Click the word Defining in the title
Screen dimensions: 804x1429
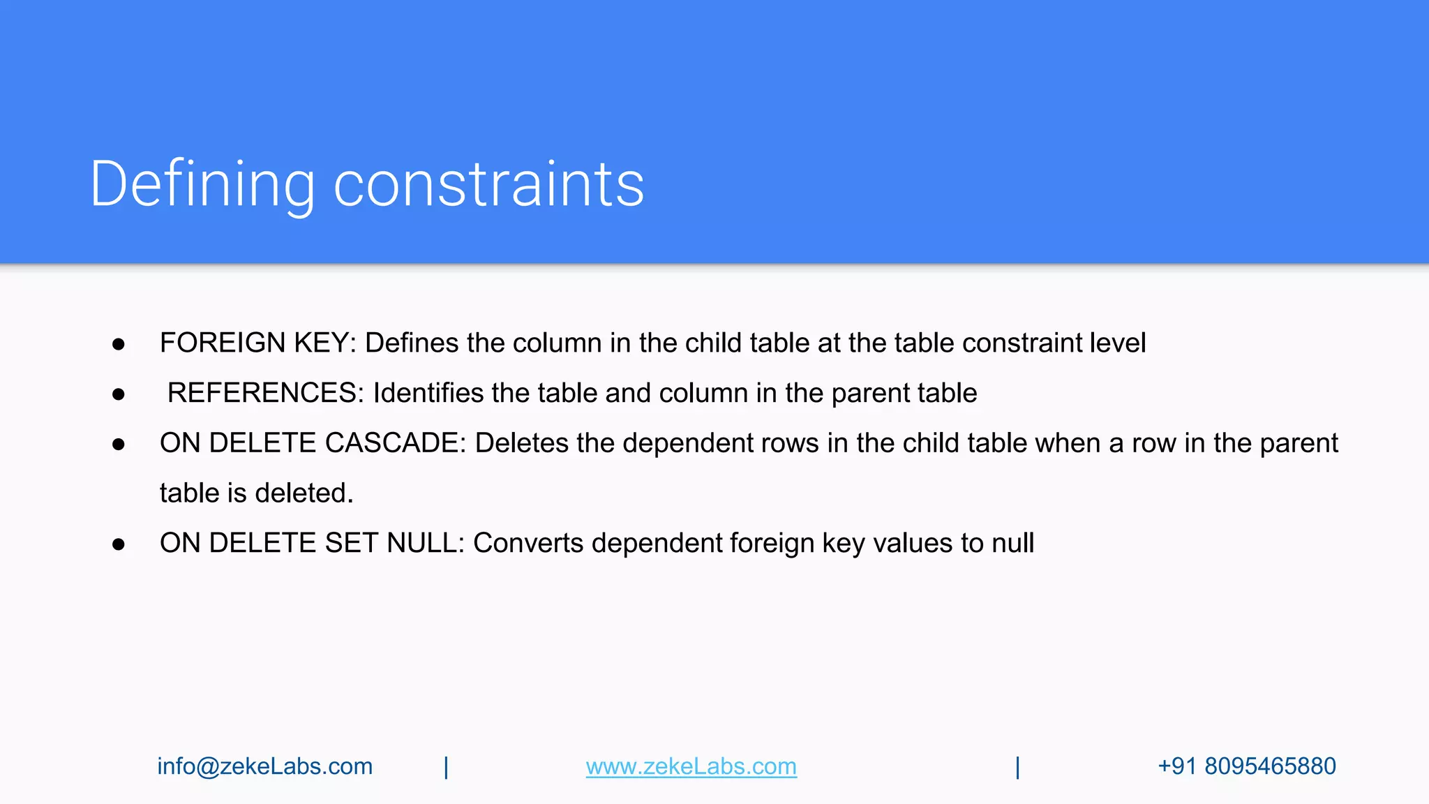point(202,184)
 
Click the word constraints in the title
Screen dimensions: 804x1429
point(488,184)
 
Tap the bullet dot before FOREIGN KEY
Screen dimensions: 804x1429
point(119,344)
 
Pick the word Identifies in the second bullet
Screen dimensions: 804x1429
point(428,393)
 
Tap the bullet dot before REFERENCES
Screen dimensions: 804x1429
point(119,394)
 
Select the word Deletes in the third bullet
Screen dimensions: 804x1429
point(521,443)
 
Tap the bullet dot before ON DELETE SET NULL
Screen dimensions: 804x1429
point(119,544)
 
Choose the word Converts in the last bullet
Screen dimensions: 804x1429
point(528,543)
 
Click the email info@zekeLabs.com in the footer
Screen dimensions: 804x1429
point(265,766)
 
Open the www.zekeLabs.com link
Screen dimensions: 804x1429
point(691,766)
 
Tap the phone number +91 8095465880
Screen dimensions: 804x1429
point(1247,766)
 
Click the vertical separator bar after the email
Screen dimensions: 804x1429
point(447,767)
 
